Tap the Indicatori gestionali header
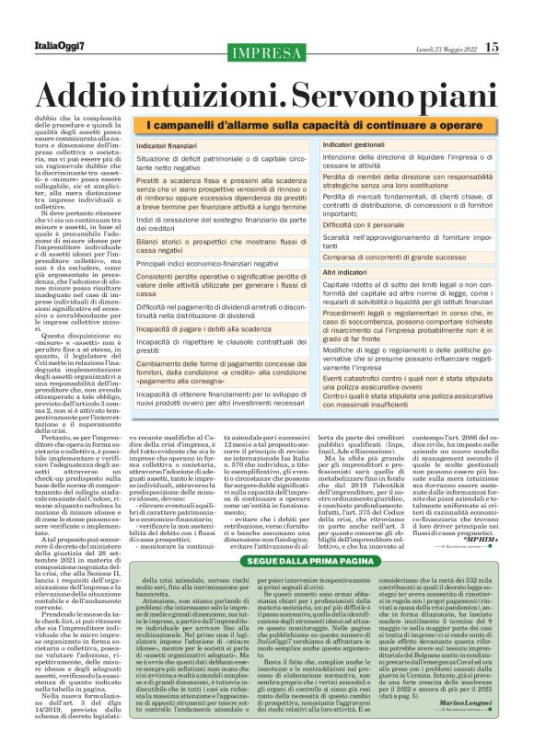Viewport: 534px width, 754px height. pyautogui.click(x=354, y=145)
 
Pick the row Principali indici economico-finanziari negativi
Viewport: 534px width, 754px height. pyautogui.click(x=215, y=265)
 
